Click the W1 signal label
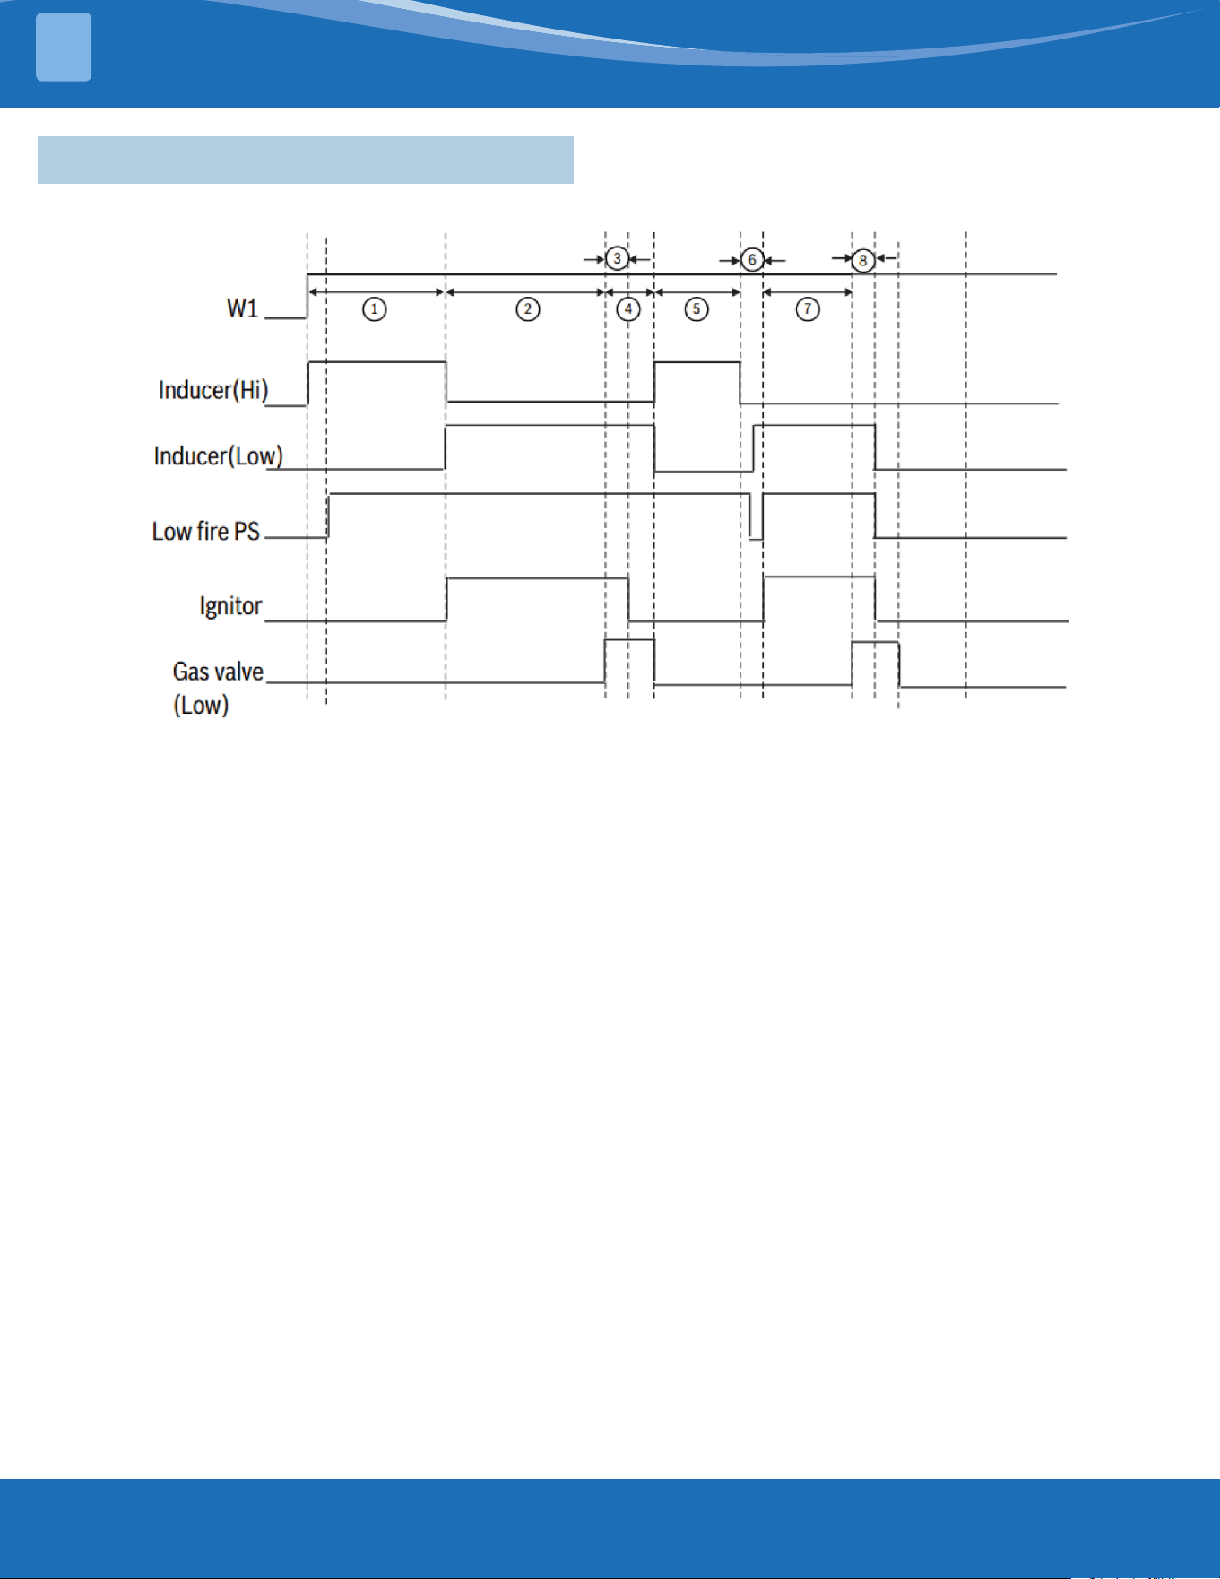click(x=242, y=308)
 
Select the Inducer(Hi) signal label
click(x=213, y=390)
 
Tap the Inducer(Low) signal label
click(x=218, y=456)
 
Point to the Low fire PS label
click(x=206, y=532)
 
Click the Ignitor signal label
click(x=230, y=606)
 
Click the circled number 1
click(x=375, y=309)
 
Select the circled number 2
click(x=528, y=309)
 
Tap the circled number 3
click(x=617, y=258)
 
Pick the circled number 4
click(x=628, y=309)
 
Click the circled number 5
click(x=697, y=309)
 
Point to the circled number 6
click(x=752, y=260)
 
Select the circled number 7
click(x=808, y=309)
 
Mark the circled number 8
click(x=862, y=260)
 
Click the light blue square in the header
click(x=64, y=48)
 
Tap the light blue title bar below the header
click(x=306, y=160)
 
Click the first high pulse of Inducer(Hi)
click(x=377, y=362)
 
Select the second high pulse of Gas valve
click(x=876, y=643)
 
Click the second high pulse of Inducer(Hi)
click(x=697, y=363)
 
